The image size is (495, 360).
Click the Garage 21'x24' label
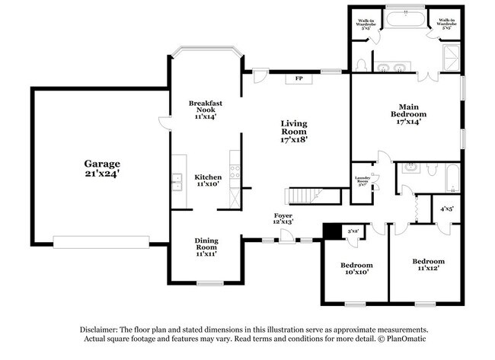102,168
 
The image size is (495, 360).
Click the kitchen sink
177,180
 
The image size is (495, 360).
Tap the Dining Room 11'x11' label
206,247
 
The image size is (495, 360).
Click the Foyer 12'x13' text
283,219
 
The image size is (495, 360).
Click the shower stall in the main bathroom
453,56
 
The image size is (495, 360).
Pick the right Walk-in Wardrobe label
446,24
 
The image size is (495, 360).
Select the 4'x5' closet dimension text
446,208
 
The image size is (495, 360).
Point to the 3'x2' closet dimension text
353,231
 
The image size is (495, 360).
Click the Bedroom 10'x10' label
355,269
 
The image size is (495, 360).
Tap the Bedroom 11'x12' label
427,265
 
